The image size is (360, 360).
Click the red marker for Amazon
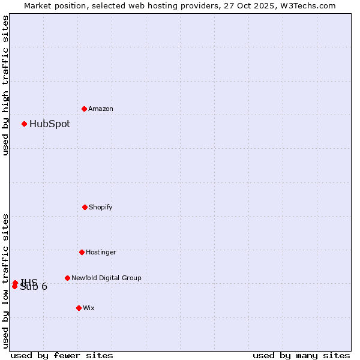(85, 109)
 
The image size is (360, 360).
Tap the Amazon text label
(101, 109)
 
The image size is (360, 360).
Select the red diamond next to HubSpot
(25, 124)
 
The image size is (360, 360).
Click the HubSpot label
(50, 124)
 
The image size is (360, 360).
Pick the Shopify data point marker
(85, 207)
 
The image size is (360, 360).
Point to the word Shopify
(101, 208)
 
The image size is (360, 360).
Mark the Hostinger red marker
(82, 252)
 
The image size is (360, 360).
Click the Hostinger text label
(101, 253)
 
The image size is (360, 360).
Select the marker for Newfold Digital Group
(67, 278)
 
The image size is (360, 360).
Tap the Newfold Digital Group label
(106, 278)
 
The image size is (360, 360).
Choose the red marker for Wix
(79, 308)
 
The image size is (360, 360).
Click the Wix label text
(89, 308)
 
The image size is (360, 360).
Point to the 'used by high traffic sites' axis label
(6, 85)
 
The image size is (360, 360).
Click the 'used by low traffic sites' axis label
(6, 280)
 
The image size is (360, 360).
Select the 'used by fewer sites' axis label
(62, 356)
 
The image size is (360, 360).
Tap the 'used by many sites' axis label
(301, 356)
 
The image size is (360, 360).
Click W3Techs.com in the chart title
(307, 5)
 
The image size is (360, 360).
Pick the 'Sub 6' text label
(34, 287)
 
